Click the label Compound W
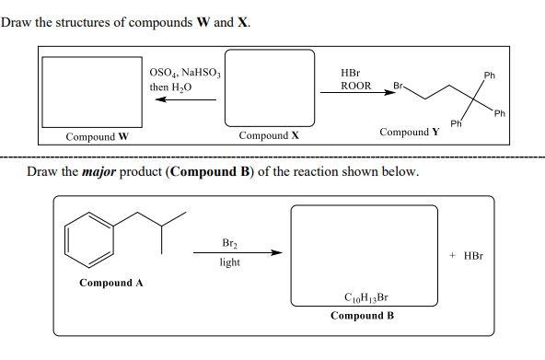point(97,137)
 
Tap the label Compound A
point(111,283)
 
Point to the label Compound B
point(363,316)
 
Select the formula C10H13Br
point(364,298)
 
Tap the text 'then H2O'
point(171,87)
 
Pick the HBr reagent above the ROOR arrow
point(351,72)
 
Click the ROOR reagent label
point(355,86)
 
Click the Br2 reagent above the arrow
point(230,243)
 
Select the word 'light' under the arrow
point(230,262)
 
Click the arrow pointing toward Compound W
point(184,100)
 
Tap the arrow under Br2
point(237,252)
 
